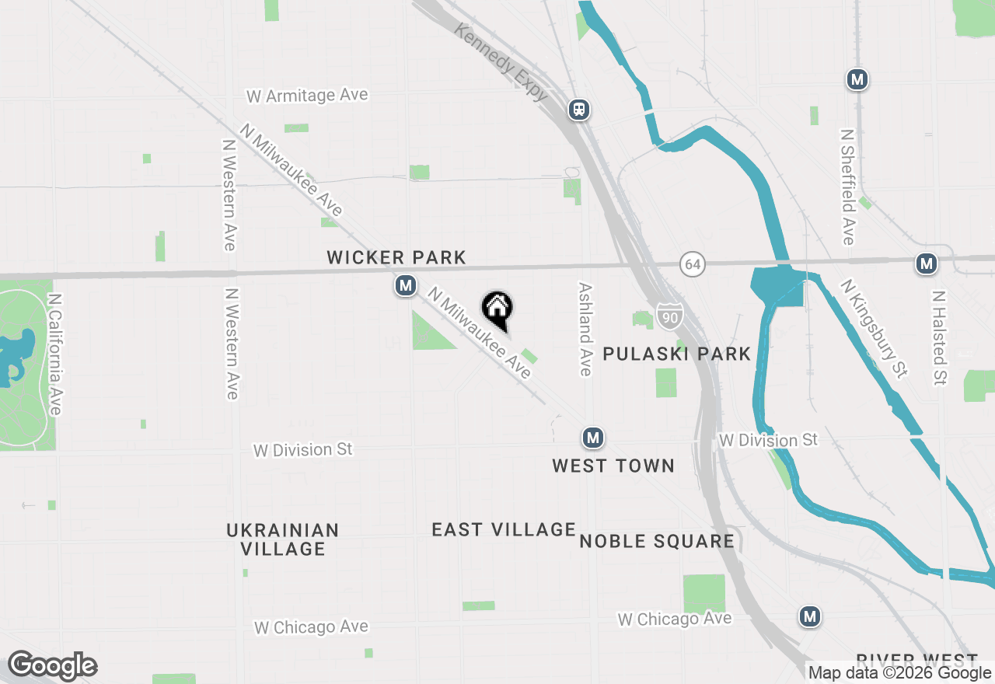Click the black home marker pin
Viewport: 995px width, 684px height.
[x=497, y=309]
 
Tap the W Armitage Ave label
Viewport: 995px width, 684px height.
[x=307, y=96]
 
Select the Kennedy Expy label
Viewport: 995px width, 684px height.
[x=501, y=62]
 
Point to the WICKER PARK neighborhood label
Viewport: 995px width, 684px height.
[x=396, y=257]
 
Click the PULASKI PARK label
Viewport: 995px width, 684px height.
[x=676, y=354]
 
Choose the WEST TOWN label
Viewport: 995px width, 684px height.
[x=613, y=466]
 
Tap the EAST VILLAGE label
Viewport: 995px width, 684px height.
[x=504, y=530]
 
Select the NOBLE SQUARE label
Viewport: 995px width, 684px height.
[x=657, y=541]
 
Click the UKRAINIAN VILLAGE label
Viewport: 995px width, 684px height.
[x=283, y=539]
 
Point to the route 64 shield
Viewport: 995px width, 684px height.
[x=692, y=264]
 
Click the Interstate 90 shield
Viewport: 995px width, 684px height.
[x=669, y=315]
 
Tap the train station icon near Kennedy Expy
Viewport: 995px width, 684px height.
[x=578, y=110]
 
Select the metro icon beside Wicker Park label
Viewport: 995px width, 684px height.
[x=405, y=286]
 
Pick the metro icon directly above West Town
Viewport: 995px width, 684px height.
[x=593, y=438]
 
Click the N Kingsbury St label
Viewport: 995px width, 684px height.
[x=874, y=330]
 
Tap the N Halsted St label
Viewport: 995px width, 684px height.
[x=939, y=338]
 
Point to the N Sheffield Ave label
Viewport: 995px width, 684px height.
[x=847, y=187]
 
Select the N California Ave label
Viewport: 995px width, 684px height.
[x=54, y=354]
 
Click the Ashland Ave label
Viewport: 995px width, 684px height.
[x=585, y=329]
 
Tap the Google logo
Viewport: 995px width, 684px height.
[x=52, y=666]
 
